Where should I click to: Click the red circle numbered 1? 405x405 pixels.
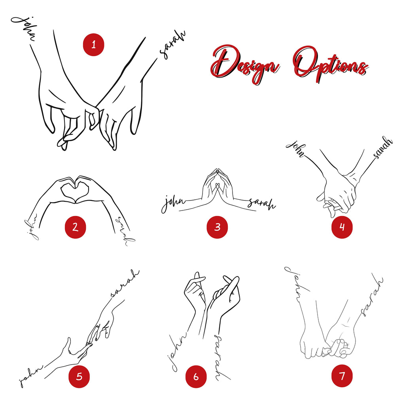(x=93, y=44)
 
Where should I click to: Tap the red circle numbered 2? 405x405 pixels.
(x=75, y=227)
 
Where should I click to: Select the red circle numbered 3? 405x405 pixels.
(x=217, y=227)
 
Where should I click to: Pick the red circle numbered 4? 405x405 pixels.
(x=342, y=227)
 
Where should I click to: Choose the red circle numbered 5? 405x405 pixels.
(x=79, y=377)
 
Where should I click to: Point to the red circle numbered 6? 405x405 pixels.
(x=196, y=377)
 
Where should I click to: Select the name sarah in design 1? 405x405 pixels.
(x=172, y=44)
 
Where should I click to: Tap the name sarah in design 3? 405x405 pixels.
(x=261, y=204)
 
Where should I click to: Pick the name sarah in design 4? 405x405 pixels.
(x=382, y=148)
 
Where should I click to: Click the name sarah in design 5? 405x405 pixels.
(x=125, y=283)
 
